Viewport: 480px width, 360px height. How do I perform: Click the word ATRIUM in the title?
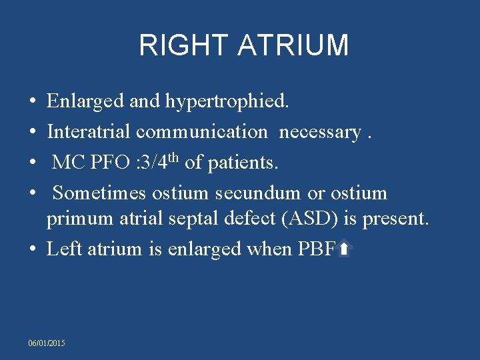292,45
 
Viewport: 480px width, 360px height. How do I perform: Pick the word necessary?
320,131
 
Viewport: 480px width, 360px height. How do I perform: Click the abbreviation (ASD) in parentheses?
313,218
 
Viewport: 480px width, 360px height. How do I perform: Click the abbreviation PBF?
316,249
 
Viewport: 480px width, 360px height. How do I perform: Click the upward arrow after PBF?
343,249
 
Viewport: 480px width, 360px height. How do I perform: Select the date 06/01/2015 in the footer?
47,343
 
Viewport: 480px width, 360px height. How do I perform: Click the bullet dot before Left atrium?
33,249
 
